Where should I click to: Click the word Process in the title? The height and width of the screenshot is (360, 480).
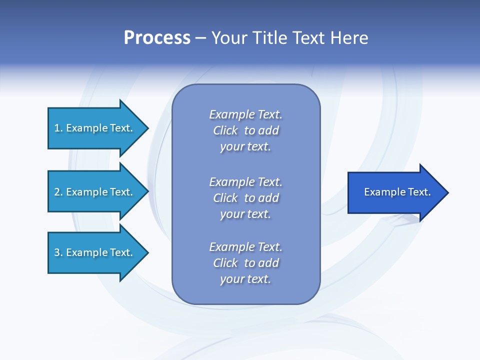(157, 37)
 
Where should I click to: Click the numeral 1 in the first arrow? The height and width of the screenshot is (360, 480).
(57, 128)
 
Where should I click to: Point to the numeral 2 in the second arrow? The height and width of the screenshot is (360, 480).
(57, 192)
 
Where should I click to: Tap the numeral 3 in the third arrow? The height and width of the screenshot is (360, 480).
(57, 252)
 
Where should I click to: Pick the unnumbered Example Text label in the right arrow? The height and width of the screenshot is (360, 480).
(397, 192)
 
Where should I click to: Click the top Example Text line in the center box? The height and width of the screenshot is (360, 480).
(245, 114)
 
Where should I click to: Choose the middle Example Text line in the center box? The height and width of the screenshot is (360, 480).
(245, 181)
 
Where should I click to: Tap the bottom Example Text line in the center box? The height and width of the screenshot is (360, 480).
(245, 246)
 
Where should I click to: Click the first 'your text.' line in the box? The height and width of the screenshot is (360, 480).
(245, 146)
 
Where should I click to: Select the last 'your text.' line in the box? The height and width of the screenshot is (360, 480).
(245, 279)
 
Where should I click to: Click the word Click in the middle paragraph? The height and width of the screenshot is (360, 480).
(225, 198)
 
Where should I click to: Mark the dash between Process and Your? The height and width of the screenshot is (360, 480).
(200, 38)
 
